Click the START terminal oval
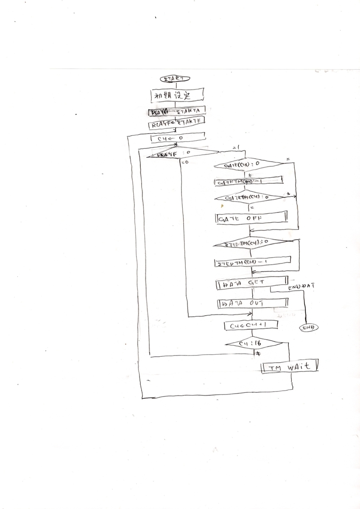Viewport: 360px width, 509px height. [x=174, y=78]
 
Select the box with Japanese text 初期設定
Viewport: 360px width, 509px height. [x=177, y=95]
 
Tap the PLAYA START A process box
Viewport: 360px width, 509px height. [x=177, y=112]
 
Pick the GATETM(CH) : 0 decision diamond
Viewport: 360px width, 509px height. [x=248, y=198]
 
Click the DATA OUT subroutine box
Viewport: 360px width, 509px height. [x=253, y=303]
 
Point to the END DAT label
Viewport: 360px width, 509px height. [x=301, y=288]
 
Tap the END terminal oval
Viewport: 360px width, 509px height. [x=309, y=327]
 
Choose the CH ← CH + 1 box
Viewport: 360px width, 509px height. [x=251, y=325]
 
